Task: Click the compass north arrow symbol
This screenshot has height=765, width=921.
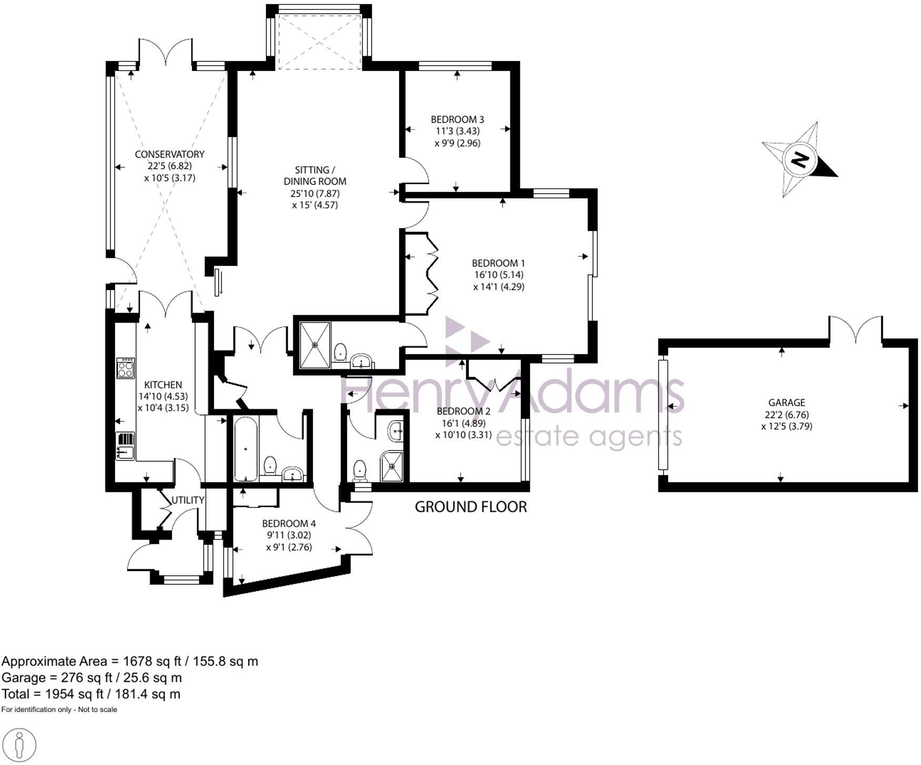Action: click(x=800, y=160)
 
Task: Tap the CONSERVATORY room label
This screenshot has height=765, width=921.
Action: click(x=169, y=154)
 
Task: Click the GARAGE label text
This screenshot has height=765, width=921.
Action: click(x=786, y=402)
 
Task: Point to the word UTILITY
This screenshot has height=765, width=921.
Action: click(x=188, y=500)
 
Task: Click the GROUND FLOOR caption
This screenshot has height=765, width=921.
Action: click(x=470, y=507)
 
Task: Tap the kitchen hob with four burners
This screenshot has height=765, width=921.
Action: click(x=126, y=368)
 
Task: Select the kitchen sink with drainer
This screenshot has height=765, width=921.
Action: click(x=125, y=445)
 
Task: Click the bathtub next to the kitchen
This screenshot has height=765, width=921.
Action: click(x=245, y=449)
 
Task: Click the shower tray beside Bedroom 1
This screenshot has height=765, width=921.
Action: click(x=315, y=345)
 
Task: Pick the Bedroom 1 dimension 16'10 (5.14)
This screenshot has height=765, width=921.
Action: click(x=498, y=275)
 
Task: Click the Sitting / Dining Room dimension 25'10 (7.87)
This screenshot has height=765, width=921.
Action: click(x=315, y=193)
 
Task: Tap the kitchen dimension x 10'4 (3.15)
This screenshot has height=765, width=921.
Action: click(x=163, y=407)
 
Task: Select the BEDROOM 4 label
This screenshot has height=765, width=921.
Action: click(x=289, y=523)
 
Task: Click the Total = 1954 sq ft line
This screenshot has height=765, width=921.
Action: click(x=91, y=694)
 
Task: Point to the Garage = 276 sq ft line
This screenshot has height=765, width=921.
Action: click(x=91, y=678)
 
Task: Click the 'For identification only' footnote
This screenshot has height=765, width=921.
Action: click(x=59, y=710)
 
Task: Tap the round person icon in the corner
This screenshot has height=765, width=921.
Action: click(x=19, y=745)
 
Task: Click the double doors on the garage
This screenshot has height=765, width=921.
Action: click(x=855, y=330)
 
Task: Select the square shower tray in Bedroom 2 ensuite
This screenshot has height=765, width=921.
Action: click(x=392, y=466)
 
